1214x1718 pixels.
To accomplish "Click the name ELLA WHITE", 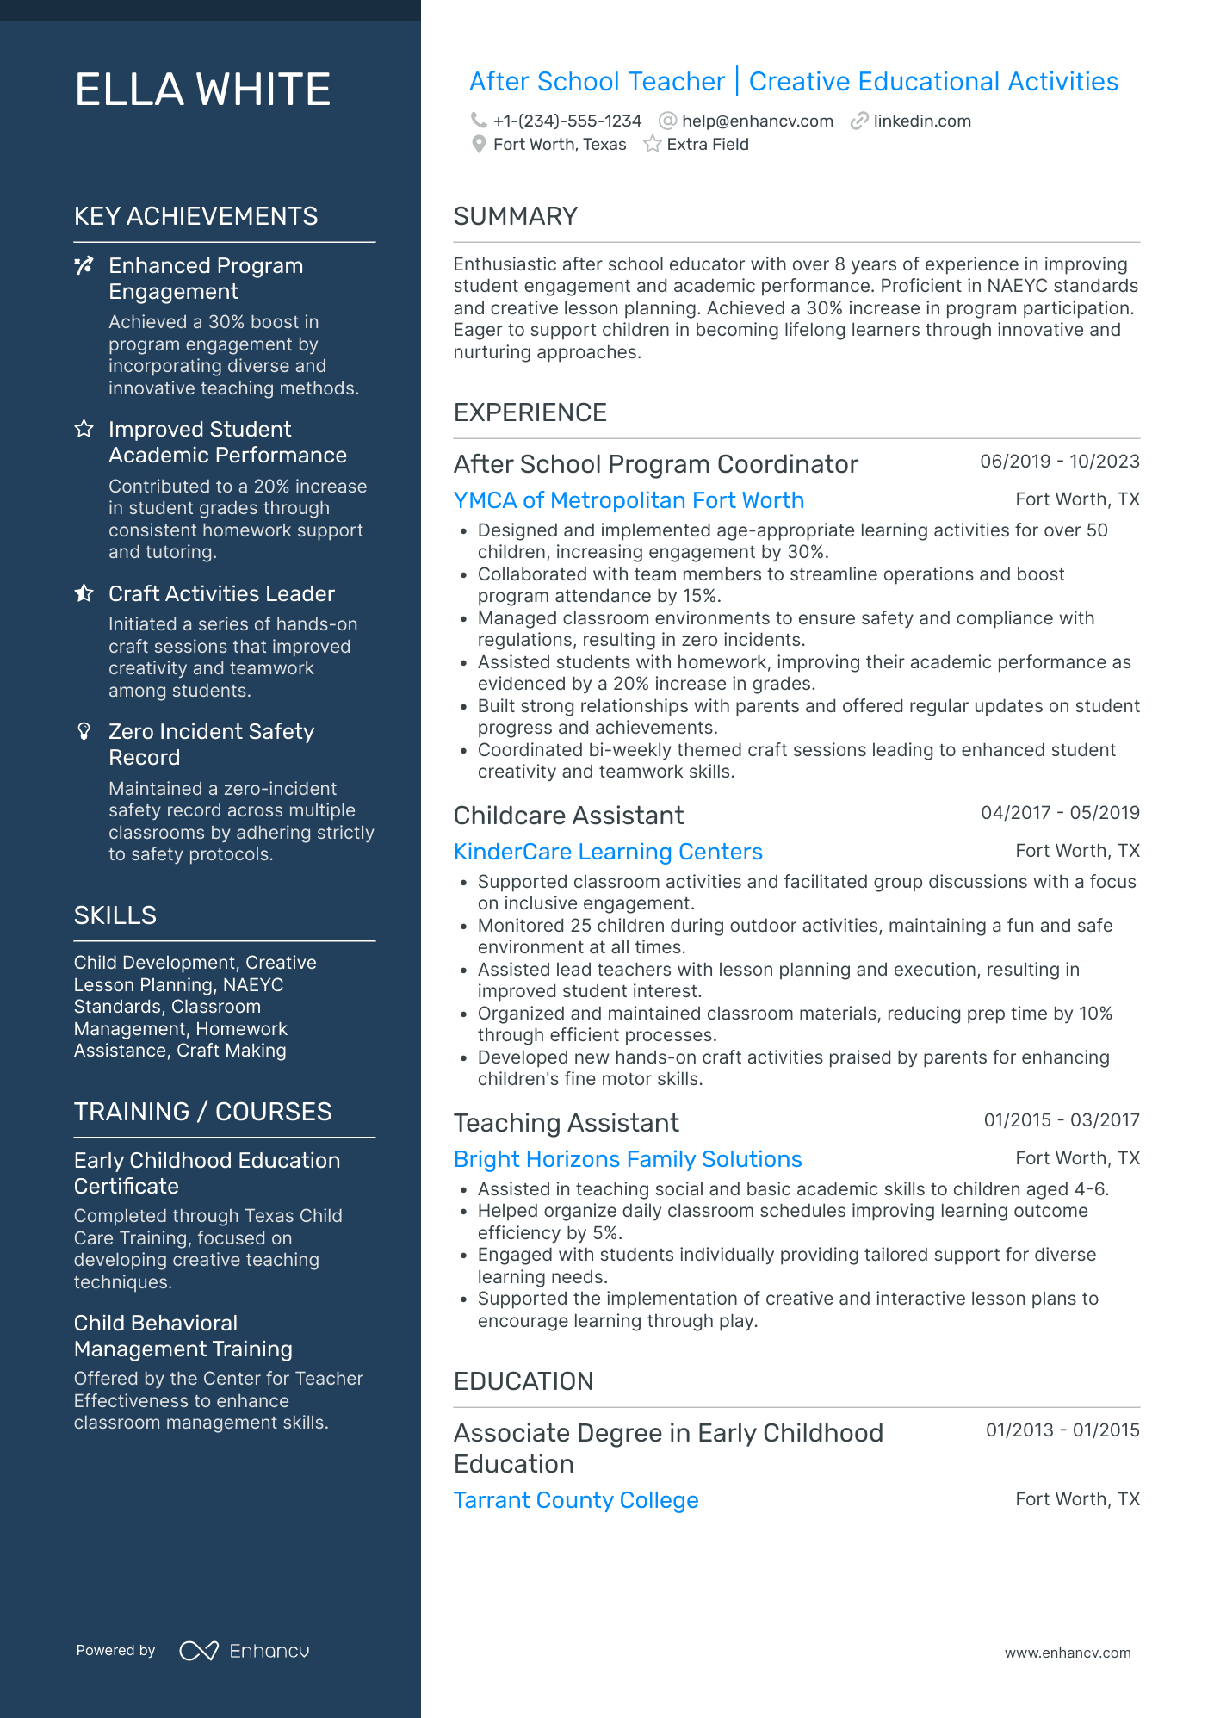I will tap(202, 90).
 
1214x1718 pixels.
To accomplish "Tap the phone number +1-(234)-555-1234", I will tap(567, 121).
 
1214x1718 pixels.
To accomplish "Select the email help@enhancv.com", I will tap(757, 121).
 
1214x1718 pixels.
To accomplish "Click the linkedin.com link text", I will tap(921, 121).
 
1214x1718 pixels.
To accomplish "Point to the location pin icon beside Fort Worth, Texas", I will tap(479, 145).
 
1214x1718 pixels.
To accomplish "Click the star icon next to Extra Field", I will tap(653, 145).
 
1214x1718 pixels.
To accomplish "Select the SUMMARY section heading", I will tap(515, 216).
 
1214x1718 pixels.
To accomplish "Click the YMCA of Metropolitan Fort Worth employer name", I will tap(629, 500).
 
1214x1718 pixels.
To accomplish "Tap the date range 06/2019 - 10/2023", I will tap(1059, 462).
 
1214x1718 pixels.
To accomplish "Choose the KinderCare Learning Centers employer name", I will tap(608, 852).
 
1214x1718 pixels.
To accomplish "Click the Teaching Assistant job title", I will tap(566, 1123).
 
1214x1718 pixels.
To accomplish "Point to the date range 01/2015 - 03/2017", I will tap(1061, 1120).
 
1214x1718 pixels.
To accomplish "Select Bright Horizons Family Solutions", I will tap(628, 1159).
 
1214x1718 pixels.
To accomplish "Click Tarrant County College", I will tap(575, 1500).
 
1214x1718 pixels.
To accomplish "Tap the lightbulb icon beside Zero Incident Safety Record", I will tap(84, 732).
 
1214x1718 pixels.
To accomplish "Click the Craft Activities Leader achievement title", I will tap(221, 594).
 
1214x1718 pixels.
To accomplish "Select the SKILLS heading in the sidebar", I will tap(115, 915).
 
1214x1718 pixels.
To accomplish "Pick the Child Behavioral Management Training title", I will tap(183, 1336).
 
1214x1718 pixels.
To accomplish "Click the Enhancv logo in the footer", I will tap(244, 1651).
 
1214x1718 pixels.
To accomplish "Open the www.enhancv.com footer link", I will tap(1067, 1653).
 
